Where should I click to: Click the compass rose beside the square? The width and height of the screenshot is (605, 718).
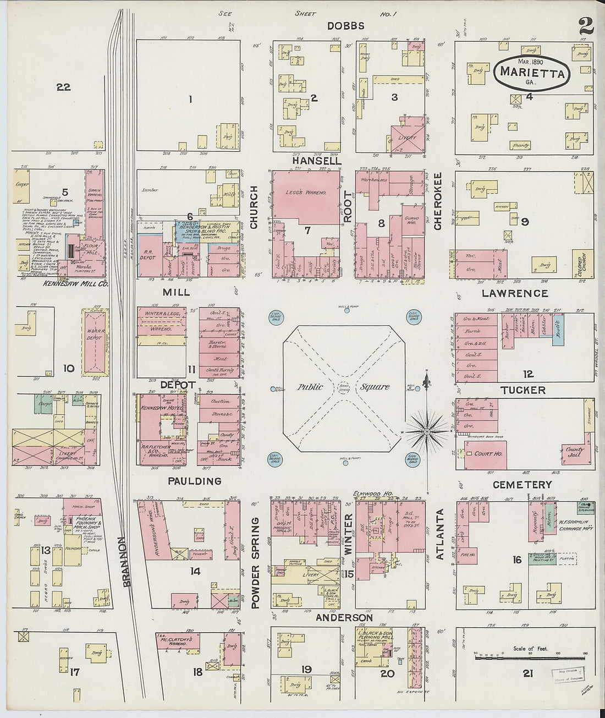427,431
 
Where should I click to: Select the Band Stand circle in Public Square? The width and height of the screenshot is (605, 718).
345,387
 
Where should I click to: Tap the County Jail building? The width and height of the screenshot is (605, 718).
575,452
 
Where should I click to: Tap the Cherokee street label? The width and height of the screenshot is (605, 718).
438,201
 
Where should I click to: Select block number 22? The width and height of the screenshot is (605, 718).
64,87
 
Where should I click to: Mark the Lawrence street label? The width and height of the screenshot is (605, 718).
515,293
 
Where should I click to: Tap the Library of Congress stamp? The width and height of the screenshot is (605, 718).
568,673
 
